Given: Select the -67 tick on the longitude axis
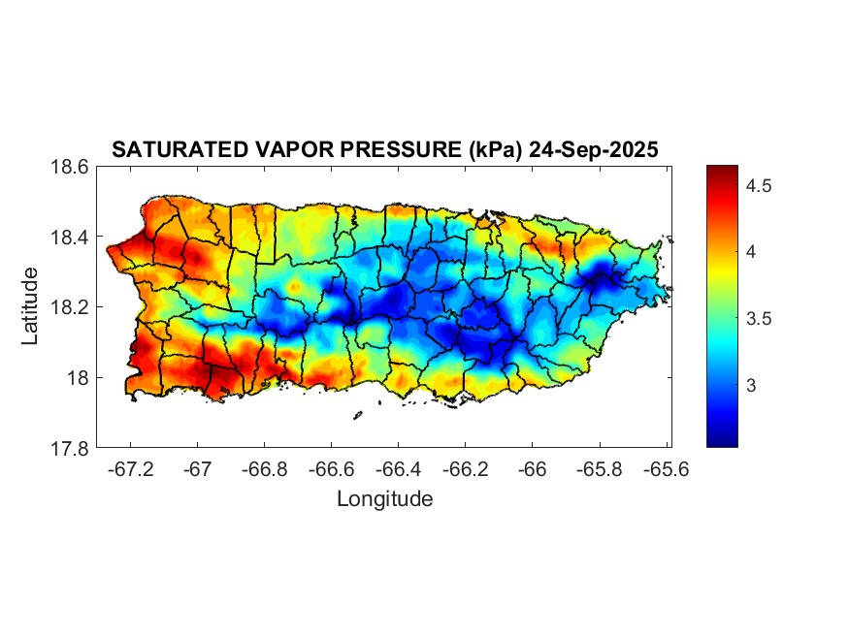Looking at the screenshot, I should pyautogui.click(x=197, y=468).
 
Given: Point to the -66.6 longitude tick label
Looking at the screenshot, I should pyautogui.click(x=331, y=468).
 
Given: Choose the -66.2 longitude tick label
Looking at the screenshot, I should pyautogui.click(x=465, y=468).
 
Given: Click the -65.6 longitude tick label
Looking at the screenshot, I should pyautogui.click(x=665, y=468).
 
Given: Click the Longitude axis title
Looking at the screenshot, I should pyautogui.click(x=384, y=499).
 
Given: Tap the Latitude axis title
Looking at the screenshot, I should pyautogui.click(x=31, y=306).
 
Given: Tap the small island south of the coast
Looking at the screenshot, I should pyautogui.click(x=358, y=415).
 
